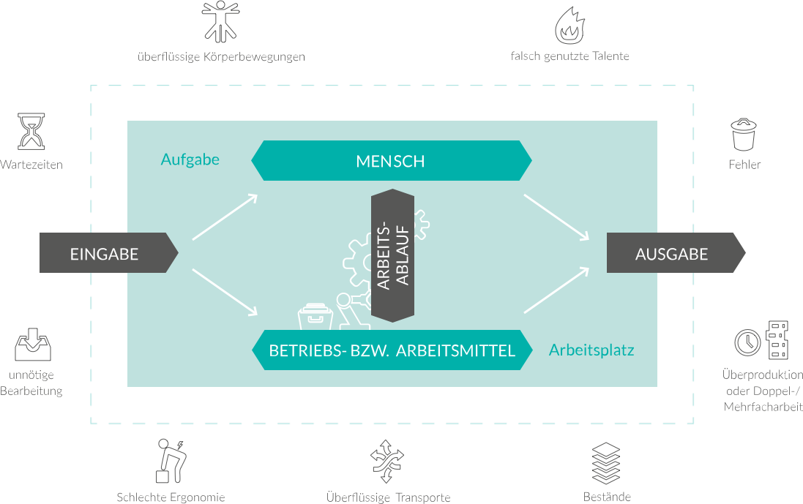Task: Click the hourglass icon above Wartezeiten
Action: [31, 132]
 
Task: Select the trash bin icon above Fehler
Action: [744, 135]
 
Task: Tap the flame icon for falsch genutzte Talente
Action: [569, 26]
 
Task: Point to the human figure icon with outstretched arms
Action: [221, 21]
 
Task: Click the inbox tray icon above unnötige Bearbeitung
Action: [33, 345]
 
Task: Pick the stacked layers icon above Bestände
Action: [606, 463]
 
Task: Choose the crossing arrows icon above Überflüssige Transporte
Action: [386, 461]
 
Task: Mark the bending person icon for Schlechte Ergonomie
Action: [171, 461]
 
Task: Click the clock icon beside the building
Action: [747, 342]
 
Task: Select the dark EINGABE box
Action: [108, 253]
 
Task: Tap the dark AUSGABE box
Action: [676, 253]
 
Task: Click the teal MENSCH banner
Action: [392, 161]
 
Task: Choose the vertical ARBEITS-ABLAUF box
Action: [393, 256]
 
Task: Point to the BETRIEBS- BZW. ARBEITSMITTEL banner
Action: [392, 350]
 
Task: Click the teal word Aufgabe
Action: [190, 159]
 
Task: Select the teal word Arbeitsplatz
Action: [591, 350]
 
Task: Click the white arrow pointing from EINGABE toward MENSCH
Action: [225, 217]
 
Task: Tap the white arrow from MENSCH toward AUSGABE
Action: [556, 217]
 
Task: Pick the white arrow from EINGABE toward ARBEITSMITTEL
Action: [225, 292]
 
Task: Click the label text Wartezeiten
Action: [31, 165]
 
